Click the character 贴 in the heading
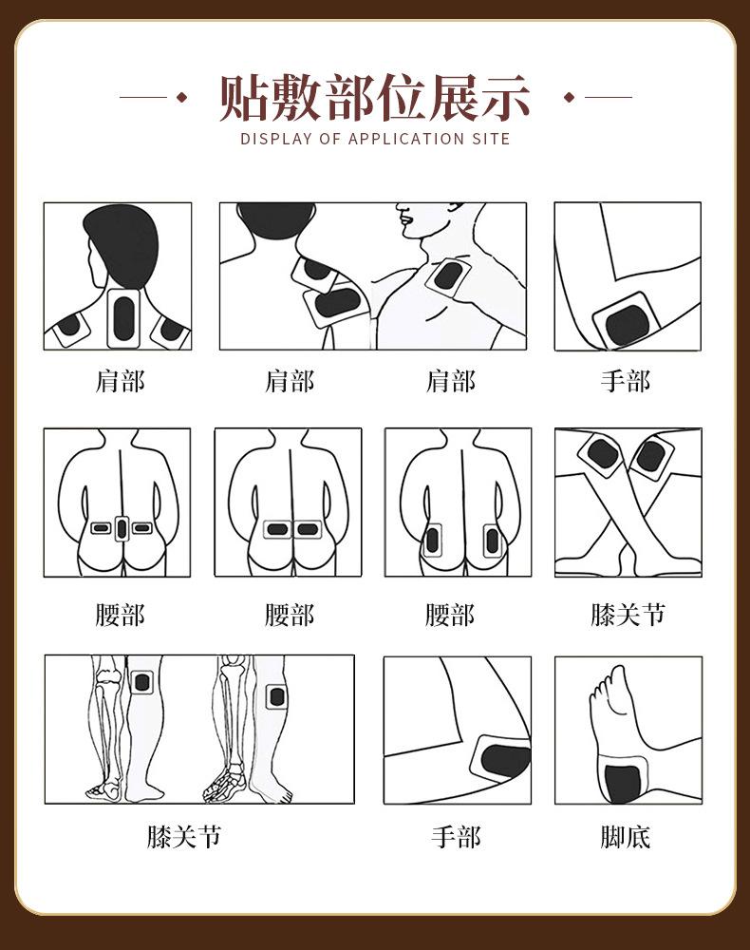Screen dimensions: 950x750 [x=243, y=97]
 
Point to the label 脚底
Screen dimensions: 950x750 [x=626, y=837]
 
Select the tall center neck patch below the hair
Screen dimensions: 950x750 [x=123, y=320]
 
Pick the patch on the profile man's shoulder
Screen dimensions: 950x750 [x=445, y=277]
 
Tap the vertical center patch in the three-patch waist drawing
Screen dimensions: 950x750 [x=121, y=528]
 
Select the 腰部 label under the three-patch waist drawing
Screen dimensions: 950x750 [x=120, y=615]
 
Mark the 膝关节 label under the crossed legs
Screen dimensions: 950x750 [x=628, y=615]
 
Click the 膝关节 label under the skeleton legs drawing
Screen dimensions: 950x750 [x=184, y=837]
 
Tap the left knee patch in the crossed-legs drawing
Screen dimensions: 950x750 [x=603, y=452]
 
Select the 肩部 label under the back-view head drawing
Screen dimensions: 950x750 [x=120, y=382]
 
